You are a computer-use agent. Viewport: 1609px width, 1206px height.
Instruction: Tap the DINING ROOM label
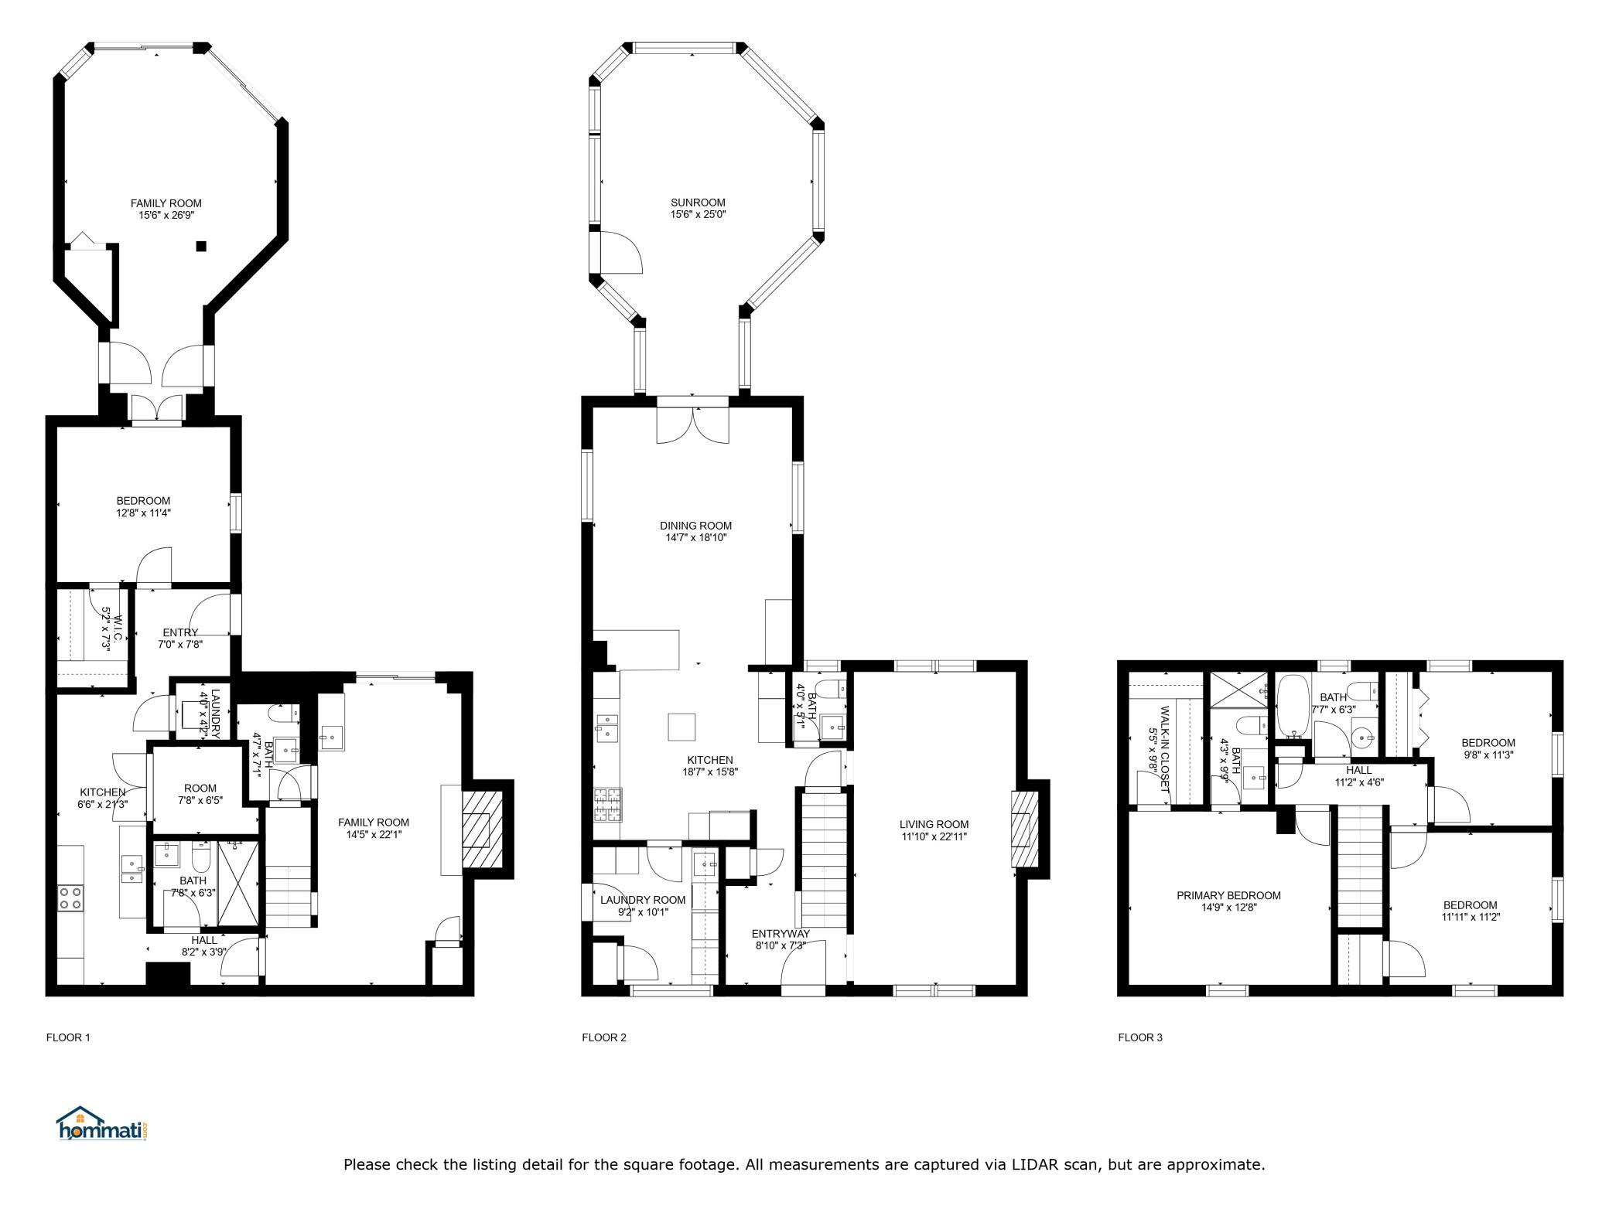[x=696, y=526]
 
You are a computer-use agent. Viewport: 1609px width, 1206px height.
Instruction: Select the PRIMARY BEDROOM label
[x=1228, y=895]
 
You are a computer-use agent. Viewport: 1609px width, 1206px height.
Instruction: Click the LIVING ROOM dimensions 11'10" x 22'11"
[x=934, y=836]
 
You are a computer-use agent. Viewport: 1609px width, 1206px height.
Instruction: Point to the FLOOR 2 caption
[x=603, y=1037]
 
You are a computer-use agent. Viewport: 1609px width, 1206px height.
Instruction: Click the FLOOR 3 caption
[x=1139, y=1037]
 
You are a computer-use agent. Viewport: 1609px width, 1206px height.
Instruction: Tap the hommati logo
[x=102, y=1123]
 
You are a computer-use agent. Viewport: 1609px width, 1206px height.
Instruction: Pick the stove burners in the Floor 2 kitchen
[x=607, y=804]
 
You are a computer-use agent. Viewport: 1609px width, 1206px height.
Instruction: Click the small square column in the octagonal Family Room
[x=201, y=247]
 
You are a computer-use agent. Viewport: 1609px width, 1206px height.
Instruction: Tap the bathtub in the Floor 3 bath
[x=1292, y=706]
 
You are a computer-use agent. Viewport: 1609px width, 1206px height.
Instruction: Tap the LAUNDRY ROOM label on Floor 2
[x=643, y=900]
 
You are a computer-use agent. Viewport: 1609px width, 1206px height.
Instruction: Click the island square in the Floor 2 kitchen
[x=682, y=727]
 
